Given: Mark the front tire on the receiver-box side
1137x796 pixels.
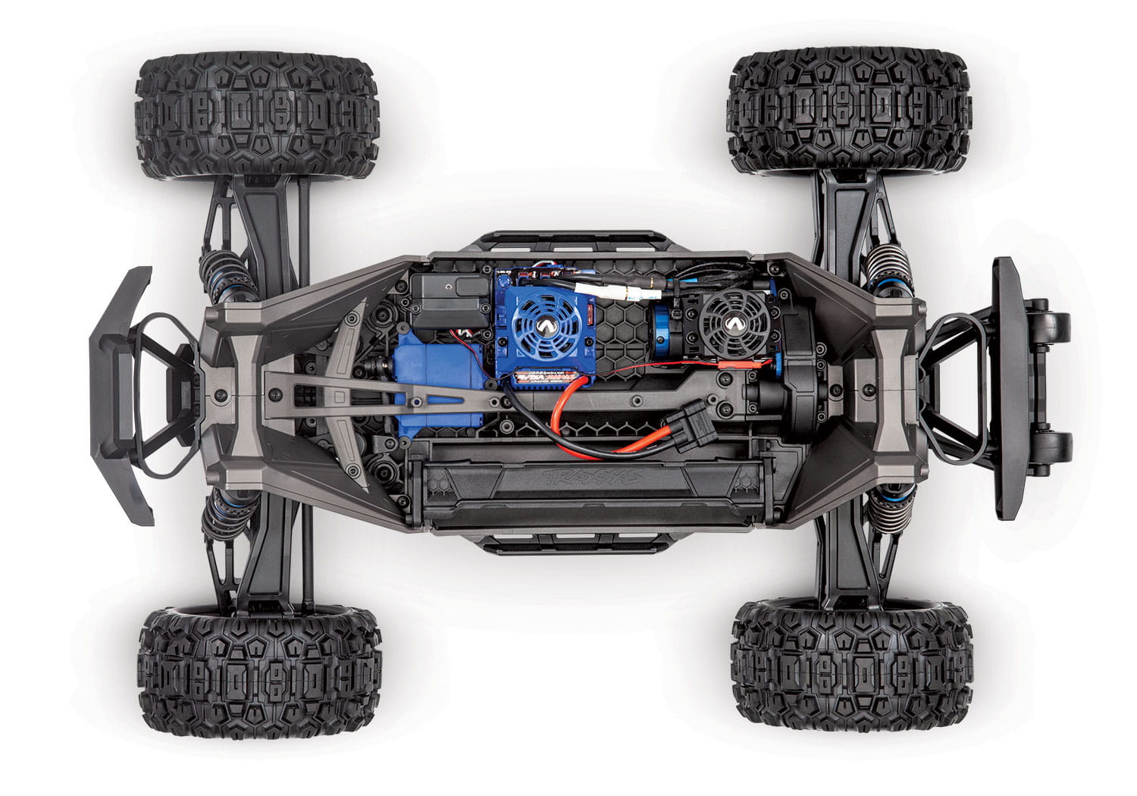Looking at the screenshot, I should (258, 114).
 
